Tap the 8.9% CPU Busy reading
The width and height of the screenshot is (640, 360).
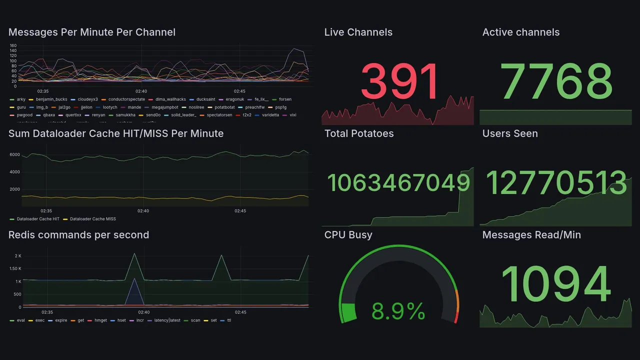pos(398,312)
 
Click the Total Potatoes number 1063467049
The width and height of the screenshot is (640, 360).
pos(398,183)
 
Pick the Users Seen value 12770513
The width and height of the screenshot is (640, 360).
pos(556,183)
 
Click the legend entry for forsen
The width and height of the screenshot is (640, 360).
pos(285,99)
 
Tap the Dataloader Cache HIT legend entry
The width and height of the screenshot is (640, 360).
pos(38,219)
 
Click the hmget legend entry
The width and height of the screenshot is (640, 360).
pos(100,320)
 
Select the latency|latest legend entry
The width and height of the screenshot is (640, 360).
pos(167,320)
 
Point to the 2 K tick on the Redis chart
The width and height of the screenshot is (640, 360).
pos(18,256)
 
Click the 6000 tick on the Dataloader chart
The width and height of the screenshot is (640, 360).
pos(14,154)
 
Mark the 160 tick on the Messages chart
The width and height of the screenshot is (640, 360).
pos(13,45)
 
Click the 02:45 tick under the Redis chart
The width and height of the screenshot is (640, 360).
pos(240,312)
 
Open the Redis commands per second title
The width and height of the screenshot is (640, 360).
pos(78,235)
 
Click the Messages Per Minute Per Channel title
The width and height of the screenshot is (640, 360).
pos(92,32)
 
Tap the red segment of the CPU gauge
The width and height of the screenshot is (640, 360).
pos(455,317)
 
